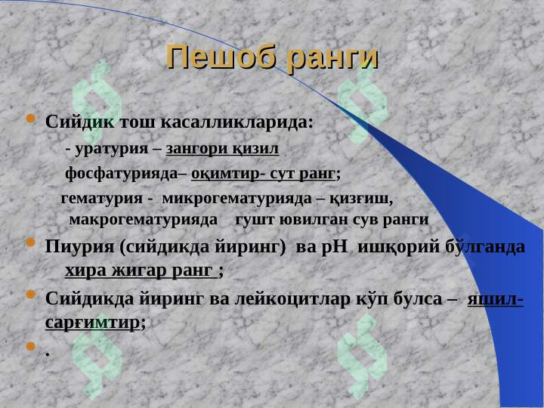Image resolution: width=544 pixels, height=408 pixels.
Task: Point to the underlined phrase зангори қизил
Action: (x=222, y=147)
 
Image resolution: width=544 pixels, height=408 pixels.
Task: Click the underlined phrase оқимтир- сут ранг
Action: (x=264, y=175)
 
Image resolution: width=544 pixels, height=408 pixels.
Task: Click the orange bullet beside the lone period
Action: (x=32, y=348)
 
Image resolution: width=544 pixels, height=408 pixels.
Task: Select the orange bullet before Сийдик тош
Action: (x=32, y=119)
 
